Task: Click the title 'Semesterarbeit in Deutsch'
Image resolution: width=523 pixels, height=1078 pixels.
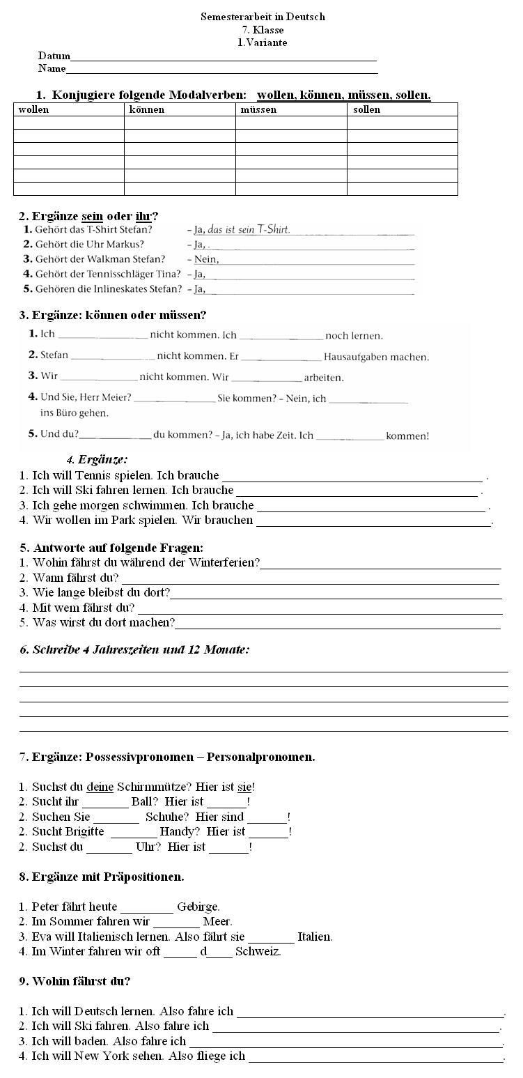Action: click(263, 17)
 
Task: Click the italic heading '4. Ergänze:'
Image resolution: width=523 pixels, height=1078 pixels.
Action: click(97, 459)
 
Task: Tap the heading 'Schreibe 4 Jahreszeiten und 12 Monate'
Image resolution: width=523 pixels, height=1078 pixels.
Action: click(134, 649)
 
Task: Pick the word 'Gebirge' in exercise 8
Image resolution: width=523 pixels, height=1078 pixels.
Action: click(198, 907)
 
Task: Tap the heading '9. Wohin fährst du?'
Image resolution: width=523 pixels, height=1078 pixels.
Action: click(75, 981)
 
